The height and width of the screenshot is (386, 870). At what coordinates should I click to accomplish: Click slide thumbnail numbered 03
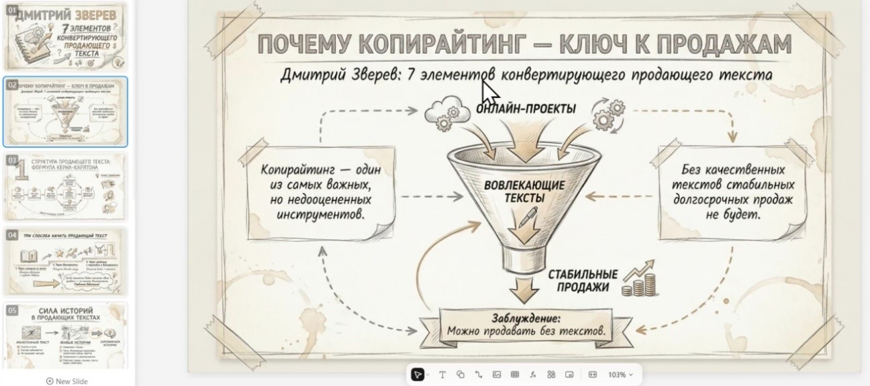coord(66,186)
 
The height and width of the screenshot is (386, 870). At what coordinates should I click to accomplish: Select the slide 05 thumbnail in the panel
coord(66,335)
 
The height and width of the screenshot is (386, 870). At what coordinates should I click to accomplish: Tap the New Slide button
coord(66,381)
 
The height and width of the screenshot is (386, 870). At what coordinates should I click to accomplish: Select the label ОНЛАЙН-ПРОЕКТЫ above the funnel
coord(526,109)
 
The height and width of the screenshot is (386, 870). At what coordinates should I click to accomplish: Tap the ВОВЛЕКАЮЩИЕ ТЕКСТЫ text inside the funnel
coord(525,191)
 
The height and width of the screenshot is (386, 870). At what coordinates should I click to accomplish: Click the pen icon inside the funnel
coord(530,217)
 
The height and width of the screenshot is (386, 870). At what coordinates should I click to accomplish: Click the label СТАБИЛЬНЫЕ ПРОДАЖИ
coord(582,281)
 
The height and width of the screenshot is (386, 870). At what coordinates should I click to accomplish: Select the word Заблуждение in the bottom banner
coord(526,318)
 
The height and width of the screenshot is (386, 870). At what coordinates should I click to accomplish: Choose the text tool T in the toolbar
coord(442,375)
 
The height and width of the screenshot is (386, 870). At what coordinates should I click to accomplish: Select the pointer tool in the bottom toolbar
coord(418,375)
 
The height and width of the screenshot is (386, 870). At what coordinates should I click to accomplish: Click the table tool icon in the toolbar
coord(515,375)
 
